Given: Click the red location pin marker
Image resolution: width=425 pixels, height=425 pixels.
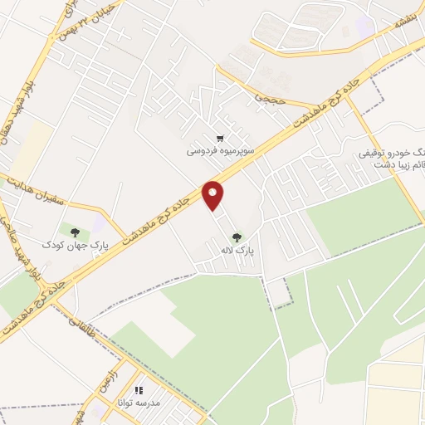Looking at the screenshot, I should click(x=213, y=196).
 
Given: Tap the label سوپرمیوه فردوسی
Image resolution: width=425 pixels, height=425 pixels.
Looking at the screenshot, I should click(x=218, y=152).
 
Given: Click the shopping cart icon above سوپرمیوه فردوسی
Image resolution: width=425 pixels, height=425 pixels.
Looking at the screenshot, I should click(x=219, y=139).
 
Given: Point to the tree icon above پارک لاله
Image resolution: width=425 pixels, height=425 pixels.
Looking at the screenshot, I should click(x=238, y=236).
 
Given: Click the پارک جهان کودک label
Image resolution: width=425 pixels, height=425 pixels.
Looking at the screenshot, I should click(x=76, y=246).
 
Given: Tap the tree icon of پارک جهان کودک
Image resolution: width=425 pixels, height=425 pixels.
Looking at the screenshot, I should click(x=76, y=232).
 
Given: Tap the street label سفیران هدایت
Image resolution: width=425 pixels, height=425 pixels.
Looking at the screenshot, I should click(x=37, y=192).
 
